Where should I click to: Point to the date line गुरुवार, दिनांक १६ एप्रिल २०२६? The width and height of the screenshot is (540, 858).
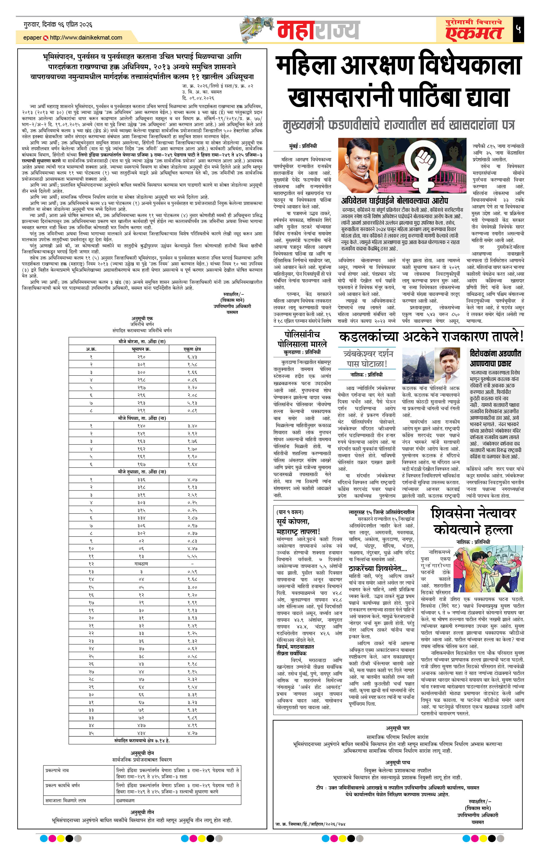58,24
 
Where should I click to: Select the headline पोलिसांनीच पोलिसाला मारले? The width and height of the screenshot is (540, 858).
302,339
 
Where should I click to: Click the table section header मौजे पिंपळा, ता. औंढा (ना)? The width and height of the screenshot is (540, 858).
142,418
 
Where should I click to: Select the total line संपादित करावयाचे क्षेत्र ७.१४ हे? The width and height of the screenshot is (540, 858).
142,740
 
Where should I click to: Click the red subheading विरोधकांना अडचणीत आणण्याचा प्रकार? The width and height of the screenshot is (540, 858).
495,358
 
